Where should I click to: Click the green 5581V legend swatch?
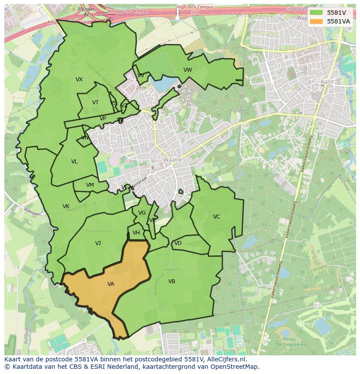tap(316, 13)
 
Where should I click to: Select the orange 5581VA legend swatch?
tap(316, 21)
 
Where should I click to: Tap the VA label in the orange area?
tap(111, 284)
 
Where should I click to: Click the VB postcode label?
tap(172, 281)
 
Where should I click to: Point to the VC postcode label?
tap(217, 217)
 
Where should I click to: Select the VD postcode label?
tap(178, 243)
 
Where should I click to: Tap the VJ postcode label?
tap(98, 243)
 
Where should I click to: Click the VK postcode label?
tap(66, 206)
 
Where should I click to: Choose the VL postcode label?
tap(74, 162)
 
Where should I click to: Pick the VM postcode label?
tap(90, 185)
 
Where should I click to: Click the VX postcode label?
tap(79, 79)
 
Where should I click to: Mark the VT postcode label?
tap(95, 103)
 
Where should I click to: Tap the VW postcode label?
tap(187, 70)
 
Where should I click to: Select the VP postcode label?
tap(103, 119)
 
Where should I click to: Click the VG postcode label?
tap(142, 213)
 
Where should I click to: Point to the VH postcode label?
tap(136, 233)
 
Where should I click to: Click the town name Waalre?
tap(172, 160)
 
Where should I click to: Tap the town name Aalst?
tap(327, 82)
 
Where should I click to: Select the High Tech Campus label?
tap(195, 7)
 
